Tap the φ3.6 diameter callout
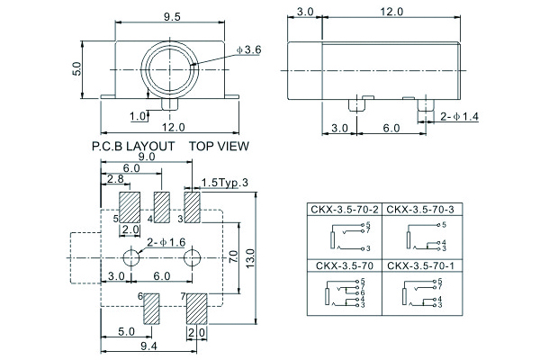coord(248,50)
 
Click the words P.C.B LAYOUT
coord(133,146)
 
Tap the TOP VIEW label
coord(219,146)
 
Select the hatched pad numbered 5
coord(130,207)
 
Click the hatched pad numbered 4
coord(162,206)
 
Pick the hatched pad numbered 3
coord(193,206)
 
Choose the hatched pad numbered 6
coord(151,309)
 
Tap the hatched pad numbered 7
coord(195,309)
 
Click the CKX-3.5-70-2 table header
coord(343,211)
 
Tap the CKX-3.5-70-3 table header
coord(419,211)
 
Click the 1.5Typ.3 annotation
coord(225,184)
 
